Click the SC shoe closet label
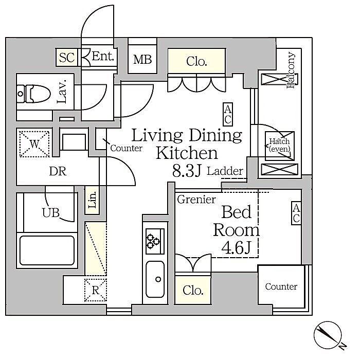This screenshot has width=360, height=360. tap(67, 58)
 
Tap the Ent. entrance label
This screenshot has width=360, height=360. tap(103, 56)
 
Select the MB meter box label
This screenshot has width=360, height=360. tap(142, 60)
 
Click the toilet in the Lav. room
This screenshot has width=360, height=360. tap(34, 94)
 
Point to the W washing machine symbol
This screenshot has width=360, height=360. tap(34, 144)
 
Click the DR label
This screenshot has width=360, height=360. tap(58, 171)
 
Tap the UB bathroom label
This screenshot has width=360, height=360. tap(51, 212)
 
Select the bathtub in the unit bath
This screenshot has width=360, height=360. tap(47, 250)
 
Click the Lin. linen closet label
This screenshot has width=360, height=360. tap(92, 200)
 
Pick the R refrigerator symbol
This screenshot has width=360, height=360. tap(96, 290)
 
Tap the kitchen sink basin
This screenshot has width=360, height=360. tap(155, 279)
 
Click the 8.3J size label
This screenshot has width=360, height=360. tap(187, 171)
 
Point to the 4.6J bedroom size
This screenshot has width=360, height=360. tap(236, 247)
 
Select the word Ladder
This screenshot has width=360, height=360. tap(225, 171)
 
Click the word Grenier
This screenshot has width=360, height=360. tap(196, 200)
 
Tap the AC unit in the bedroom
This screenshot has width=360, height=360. tap(296, 213)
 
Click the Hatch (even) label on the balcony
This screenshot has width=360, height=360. tap(279, 145)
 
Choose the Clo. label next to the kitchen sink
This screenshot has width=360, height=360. tap(193, 291)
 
